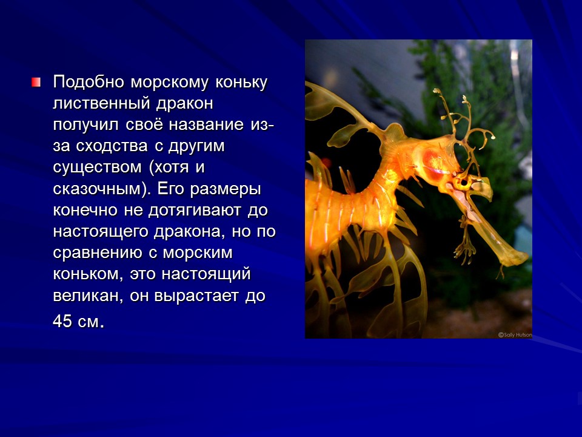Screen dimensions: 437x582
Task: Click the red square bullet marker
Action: click(37, 81)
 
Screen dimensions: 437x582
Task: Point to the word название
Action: click(207, 125)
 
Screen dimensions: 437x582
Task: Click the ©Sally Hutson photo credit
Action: click(515, 334)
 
